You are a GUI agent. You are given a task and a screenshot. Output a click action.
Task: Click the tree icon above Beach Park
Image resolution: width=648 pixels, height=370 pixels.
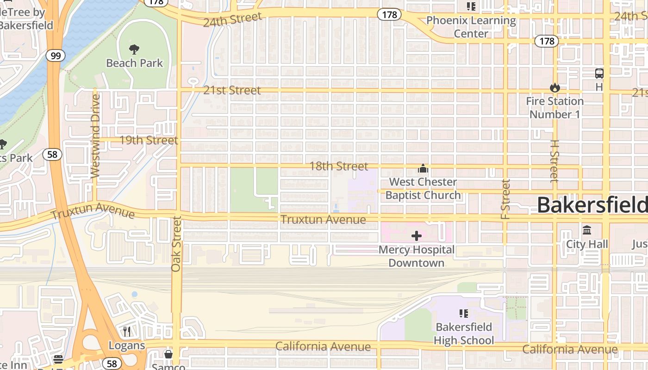[x=134, y=49]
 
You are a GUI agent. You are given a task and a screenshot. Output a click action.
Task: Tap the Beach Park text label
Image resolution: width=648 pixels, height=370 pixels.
[x=134, y=63]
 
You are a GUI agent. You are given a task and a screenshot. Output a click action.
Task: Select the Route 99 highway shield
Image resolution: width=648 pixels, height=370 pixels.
[x=55, y=56]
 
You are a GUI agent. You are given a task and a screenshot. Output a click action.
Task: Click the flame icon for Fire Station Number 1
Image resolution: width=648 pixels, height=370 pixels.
[x=555, y=87]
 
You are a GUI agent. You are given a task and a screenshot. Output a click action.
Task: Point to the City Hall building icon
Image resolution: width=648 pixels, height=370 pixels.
[x=587, y=230]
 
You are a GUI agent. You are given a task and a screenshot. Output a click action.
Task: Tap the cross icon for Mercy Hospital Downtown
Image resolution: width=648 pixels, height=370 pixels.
[x=416, y=236]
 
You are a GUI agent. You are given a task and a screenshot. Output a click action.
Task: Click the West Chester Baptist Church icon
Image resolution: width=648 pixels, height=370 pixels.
[x=423, y=168]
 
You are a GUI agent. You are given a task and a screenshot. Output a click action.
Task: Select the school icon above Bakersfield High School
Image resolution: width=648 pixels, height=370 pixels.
[x=464, y=314]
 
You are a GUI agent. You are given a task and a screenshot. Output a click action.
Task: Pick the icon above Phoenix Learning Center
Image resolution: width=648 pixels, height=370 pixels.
[x=471, y=6]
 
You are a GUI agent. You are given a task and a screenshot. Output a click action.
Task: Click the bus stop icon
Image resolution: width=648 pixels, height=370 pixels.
[x=599, y=73]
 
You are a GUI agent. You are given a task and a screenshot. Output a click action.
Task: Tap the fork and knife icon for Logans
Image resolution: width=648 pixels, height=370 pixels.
[x=127, y=332]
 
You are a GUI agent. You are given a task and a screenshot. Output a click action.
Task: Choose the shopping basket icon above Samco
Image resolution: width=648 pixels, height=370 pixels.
[x=168, y=354]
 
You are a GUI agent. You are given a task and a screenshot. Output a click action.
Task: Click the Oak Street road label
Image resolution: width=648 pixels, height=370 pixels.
[x=176, y=244]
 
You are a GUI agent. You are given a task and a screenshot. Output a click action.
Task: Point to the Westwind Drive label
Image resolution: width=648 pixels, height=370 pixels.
[x=95, y=136]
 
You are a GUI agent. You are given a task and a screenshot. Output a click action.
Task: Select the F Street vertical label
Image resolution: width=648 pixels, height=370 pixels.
[x=505, y=199]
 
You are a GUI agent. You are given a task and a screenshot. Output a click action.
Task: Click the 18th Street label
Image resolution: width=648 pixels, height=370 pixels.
[x=338, y=166]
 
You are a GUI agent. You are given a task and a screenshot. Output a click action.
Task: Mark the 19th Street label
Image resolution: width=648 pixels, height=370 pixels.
[x=149, y=140]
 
